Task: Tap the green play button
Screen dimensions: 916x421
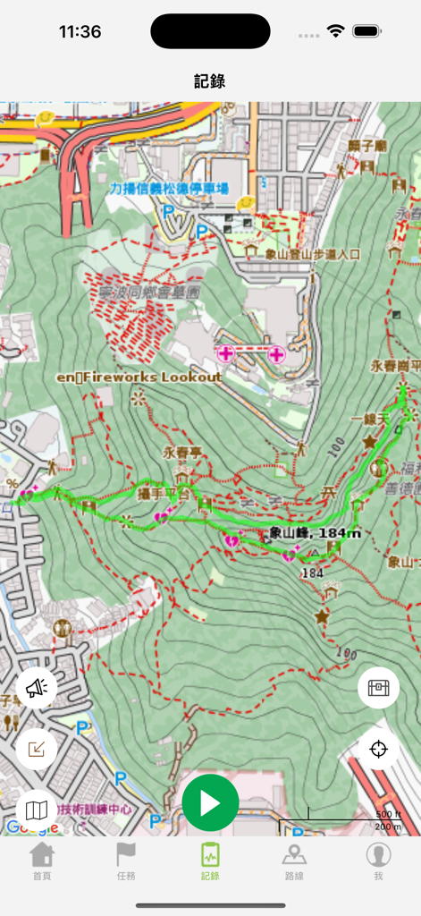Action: [x=210, y=802]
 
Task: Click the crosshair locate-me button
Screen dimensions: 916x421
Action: [x=378, y=749]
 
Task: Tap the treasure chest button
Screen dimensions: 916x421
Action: [x=378, y=688]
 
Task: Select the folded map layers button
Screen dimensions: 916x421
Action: [x=37, y=810]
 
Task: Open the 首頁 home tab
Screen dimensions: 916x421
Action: [x=42, y=861]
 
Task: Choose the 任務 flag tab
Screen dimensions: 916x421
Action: [x=126, y=861]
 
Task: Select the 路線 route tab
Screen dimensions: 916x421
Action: [x=294, y=861]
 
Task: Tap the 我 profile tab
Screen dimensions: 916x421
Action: [x=378, y=861]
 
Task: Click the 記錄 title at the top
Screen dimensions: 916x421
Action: [x=210, y=81]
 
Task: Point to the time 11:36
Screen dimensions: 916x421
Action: [x=80, y=31]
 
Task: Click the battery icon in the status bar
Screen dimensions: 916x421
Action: [x=367, y=31]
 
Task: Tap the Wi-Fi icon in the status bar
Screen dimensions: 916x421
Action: [x=336, y=31]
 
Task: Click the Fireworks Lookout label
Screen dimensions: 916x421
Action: [x=139, y=377]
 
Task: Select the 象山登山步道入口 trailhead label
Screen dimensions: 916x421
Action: [x=313, y=254]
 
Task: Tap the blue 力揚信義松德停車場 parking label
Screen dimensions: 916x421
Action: [x=169, y=189]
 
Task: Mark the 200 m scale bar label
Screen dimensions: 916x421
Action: [x=387, y=827]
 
